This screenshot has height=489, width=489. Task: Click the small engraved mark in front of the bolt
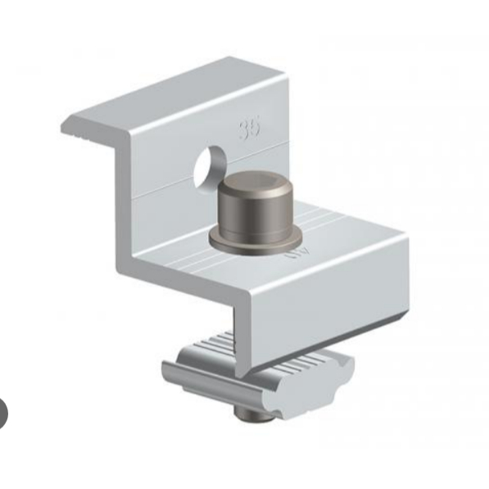tap(292, 255)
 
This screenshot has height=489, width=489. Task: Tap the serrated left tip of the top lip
tap(74, 127)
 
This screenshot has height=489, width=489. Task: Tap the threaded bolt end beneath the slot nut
tap(255, 417)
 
